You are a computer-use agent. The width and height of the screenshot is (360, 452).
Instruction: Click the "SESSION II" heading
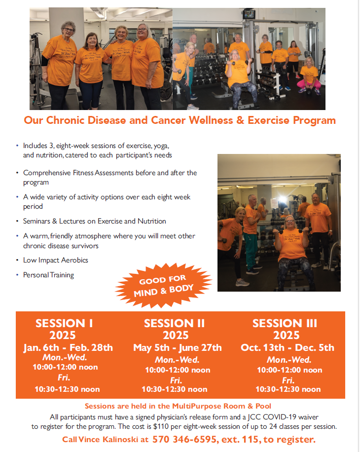[x=174, y=323]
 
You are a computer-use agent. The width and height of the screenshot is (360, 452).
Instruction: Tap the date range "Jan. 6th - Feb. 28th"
[x=68, y=347]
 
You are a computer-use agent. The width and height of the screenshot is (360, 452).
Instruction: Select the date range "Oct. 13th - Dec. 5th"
[x=288, y=347]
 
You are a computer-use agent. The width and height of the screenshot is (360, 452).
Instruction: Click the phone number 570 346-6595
[x=184, y=439]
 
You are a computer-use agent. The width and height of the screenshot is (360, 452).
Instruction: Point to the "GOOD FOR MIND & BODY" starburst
[x=163, y=286]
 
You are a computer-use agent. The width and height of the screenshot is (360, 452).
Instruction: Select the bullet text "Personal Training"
[x=48, y=275]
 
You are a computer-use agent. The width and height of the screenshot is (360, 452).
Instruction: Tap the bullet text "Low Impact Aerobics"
[x=56, y=260]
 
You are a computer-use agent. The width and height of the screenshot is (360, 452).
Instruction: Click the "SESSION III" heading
[x=285, y=323]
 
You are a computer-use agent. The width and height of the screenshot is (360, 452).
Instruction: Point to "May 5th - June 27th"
[x=178, y=348]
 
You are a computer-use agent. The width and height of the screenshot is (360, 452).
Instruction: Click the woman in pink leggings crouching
[x=309, y=76]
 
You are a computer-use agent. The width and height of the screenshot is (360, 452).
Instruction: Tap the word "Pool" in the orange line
[x=263, y=406]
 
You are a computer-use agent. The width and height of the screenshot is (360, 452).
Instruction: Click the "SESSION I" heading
[x=64, y=323]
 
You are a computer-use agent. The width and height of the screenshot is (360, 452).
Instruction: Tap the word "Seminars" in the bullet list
[x=36, y=221]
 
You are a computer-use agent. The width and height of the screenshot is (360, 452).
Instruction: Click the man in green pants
[x=251, y=233]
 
